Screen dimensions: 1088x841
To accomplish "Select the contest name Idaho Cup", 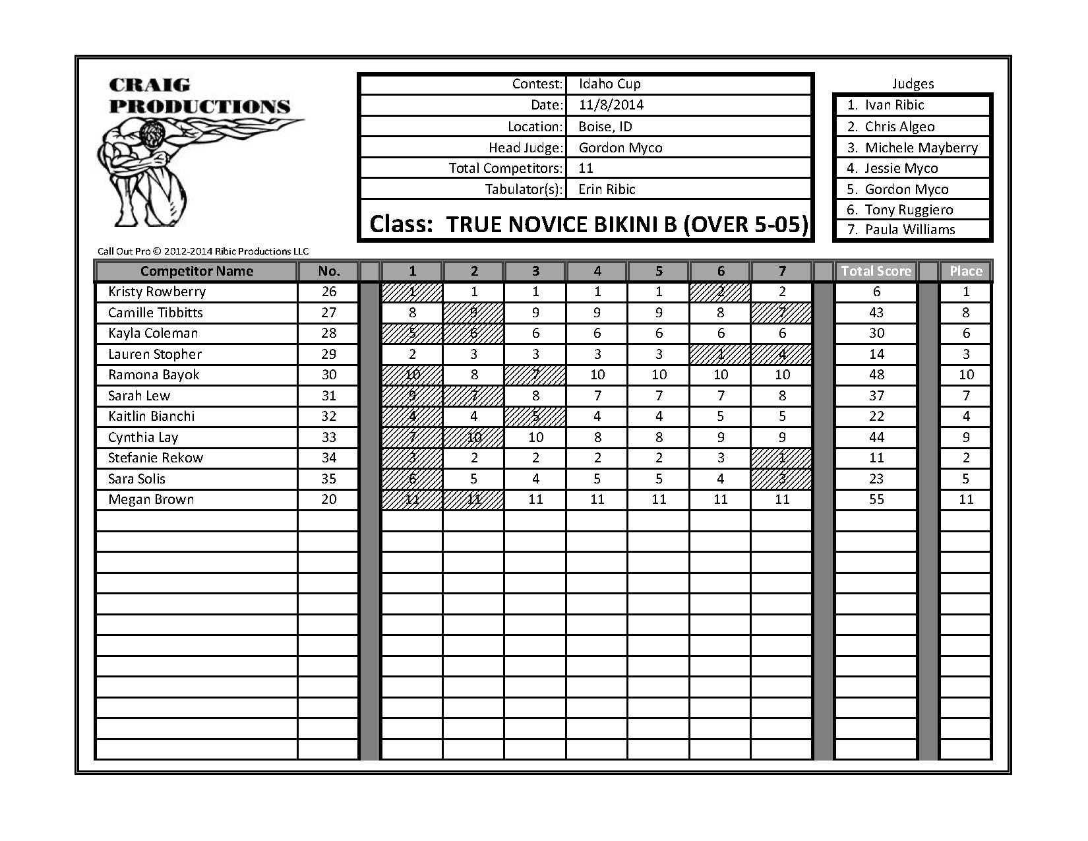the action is [x=609, y=84].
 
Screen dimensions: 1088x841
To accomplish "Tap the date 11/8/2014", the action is [x=611, y=105].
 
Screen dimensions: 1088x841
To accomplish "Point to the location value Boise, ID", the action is [x=605, y=127].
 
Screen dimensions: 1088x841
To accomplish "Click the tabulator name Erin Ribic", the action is [x=607, y=189].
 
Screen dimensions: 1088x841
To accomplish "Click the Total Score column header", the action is [x=876, y=271].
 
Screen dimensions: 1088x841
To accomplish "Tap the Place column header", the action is [x=965, y=271].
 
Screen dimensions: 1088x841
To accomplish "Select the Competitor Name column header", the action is [x=196, y=271].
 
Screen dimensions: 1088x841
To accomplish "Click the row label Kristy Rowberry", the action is [x=157, y=292].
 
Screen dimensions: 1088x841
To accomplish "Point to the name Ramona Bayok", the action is [x=154, y=375].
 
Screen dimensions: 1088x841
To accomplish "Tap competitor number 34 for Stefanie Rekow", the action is [x=328, y=458].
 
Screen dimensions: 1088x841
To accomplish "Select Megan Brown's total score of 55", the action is [x=876, y=499].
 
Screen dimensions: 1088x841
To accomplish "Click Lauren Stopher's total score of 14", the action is [x=876, y=354].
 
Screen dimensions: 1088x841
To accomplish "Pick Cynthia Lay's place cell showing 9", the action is [x=965, y=437].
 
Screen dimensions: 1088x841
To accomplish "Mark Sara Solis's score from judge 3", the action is [x=535, y=479].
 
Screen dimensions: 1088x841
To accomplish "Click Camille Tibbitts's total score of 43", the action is [x=876, y=313].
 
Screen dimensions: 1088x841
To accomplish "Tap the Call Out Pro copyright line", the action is [x=203, y=251].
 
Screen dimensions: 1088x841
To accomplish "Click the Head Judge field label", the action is [x=526, y=148].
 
